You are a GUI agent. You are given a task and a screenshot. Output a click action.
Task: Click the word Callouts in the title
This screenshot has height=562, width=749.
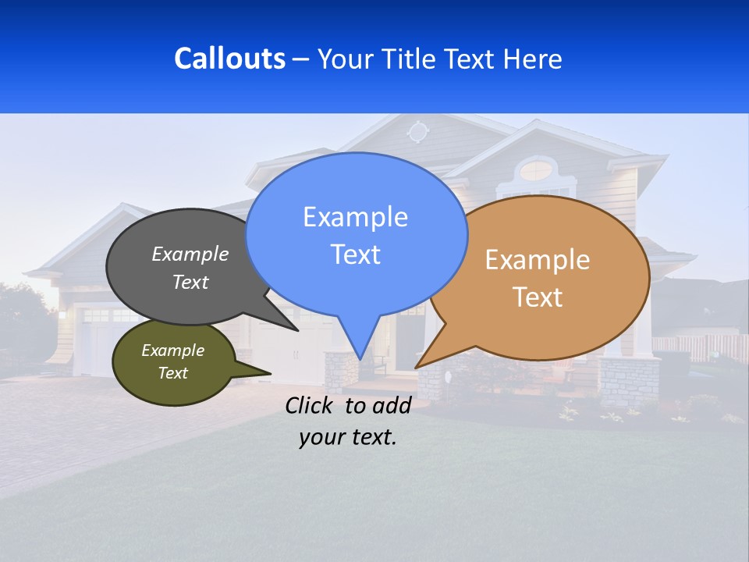click(x=229, y=59)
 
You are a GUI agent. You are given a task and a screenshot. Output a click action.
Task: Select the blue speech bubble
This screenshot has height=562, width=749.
click(x=356, y=234)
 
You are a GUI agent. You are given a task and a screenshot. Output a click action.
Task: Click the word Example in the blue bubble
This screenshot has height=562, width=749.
click(x=356, y=217)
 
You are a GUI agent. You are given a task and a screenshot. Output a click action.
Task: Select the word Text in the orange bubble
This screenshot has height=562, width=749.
click(x=538, y=297)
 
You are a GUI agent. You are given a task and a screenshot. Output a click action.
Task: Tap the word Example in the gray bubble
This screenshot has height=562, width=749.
click(x=190, y=254)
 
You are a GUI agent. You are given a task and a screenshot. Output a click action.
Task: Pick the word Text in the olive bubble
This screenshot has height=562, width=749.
click(x=173, y=373)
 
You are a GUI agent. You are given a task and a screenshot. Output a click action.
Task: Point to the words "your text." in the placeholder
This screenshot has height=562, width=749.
click(x=347, y=437)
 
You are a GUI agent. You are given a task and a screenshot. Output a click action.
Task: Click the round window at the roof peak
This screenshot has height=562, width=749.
click(x=418, y=131)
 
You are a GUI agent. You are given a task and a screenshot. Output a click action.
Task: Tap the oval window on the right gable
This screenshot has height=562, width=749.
click(x=536, y=169)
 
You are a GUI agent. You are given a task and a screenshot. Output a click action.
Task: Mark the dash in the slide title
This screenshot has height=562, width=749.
click(x=302, y=59)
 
